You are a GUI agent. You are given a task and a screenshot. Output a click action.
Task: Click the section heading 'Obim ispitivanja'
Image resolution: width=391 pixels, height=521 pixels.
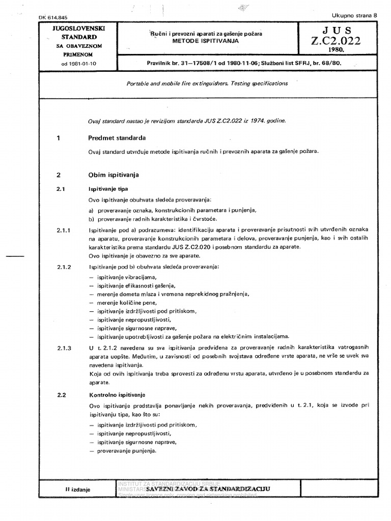(113, 175)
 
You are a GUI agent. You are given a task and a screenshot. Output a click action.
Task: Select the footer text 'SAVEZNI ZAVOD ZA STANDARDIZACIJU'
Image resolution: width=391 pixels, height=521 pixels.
(208, 488)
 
